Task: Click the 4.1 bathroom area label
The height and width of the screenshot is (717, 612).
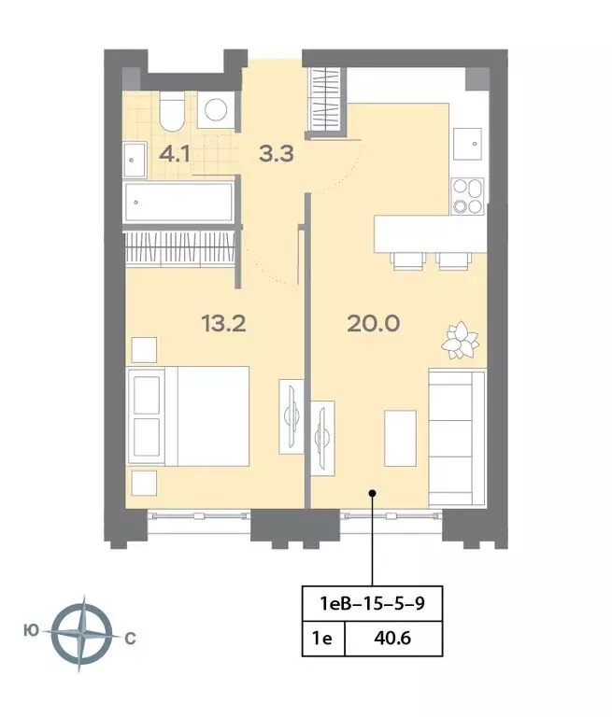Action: [175, 155]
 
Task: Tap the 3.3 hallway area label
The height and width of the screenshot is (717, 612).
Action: [276, 154]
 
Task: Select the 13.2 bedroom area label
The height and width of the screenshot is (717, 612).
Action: [224, 324]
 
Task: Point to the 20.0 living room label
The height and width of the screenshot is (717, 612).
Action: [374, 324]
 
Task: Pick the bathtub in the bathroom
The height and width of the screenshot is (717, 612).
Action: [178, 202]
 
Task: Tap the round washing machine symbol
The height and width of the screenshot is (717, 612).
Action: [216, 110]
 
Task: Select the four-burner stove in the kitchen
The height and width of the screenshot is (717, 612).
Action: [468, 196]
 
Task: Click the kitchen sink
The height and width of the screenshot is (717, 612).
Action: [468, 144]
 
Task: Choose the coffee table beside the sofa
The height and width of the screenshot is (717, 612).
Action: [400, 438]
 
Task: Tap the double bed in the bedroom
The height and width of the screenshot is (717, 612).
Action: [189, 416]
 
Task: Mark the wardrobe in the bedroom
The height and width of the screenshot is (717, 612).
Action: [180, 247]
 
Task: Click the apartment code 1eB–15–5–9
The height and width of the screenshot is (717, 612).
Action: [372, 603]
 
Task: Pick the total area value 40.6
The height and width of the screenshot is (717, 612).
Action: [392, 638]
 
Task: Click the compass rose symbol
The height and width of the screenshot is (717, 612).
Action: [82, 634]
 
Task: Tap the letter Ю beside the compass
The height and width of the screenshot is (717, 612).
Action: [31, 631]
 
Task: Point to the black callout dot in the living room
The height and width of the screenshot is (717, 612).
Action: [373, 493]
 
